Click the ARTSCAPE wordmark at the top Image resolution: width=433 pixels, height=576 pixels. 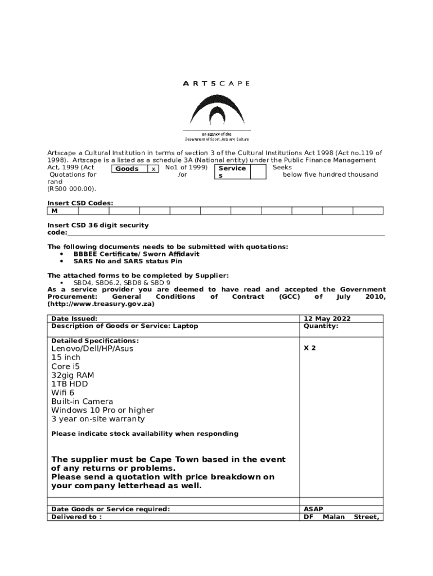tap(216, 83)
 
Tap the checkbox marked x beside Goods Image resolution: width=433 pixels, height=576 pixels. tap(154, 169)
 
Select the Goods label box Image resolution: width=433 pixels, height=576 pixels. tap(128, 169)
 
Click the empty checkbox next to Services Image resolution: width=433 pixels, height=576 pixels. tap(258, 172)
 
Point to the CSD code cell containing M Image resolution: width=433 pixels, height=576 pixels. tap(62, 211)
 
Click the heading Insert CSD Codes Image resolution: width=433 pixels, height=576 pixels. tap(80, 203)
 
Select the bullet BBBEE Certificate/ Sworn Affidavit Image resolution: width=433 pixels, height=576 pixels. tap(136, 254)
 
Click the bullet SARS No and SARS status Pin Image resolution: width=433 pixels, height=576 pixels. tap(128, 261)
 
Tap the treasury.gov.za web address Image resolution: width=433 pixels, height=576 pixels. tap(101, 304)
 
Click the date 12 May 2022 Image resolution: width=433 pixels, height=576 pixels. tap(327, 319)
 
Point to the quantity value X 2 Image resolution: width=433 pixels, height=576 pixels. tap(310, 348)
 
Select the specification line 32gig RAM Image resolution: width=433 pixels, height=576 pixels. tap(73, 375)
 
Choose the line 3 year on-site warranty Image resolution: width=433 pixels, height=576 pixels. tap(98, 419)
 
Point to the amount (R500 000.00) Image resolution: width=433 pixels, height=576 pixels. tap(72, 189)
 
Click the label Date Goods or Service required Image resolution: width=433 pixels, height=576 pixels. tap(110, 509)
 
